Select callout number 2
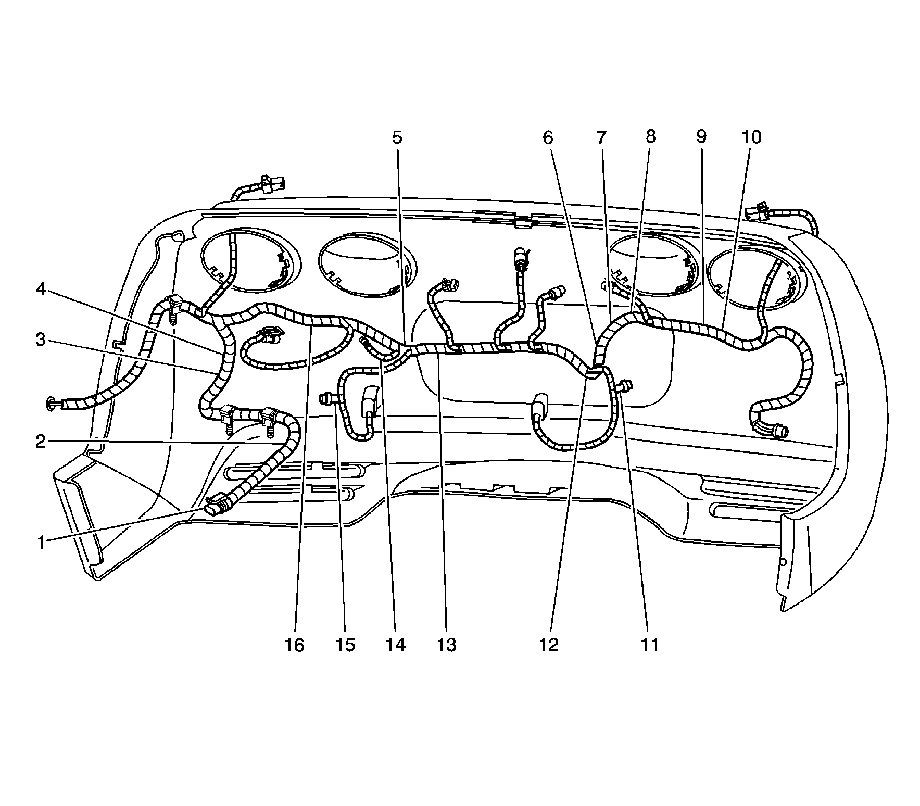coord(41,442)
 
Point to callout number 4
coord(41,289)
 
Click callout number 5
coord(397,137)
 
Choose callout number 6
coord(548,137)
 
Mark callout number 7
coord(601,137)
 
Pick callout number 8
coord(650,136)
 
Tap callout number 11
coord(649,645)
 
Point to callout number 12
coord(549,645)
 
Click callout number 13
coord(446,645)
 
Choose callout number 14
coord(395,645)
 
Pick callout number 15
coord(345,645)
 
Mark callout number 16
coord(294,645)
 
